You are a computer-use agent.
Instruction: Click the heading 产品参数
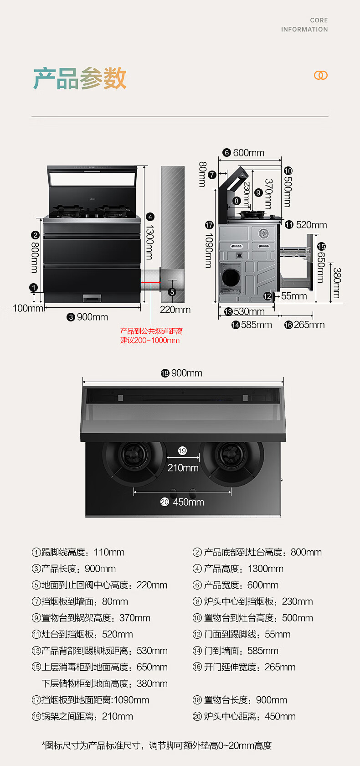pos(80,78)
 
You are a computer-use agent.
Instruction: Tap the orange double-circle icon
pos(321,75)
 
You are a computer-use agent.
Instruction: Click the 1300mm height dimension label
pos(149,242)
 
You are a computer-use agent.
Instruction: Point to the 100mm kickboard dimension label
pos(28,308)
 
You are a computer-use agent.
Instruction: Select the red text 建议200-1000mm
pos(150,340)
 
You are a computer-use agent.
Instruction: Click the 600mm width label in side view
pos(248,153)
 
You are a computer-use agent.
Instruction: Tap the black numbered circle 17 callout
pos(209,225)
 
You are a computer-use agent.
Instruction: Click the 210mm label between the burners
pos(183,468)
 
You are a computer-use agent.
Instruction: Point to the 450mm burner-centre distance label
pos(188,502)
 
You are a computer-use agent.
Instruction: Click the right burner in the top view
pos(231,456)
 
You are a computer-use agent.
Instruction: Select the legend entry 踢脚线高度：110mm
pos(78,552)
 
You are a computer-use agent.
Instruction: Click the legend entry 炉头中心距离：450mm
pos(244,716)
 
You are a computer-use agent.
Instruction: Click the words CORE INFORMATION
pos(304,25)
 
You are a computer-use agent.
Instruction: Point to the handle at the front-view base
pos(92,298)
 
